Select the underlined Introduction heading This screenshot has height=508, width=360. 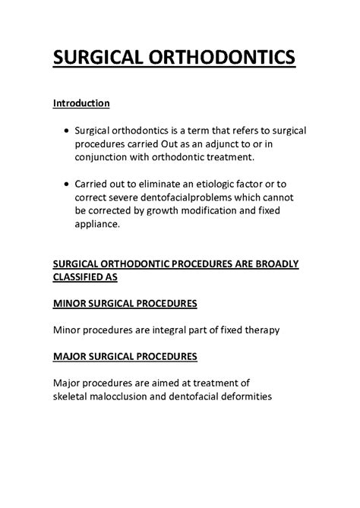pos(81,103)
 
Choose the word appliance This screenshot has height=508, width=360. pos(97,225)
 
